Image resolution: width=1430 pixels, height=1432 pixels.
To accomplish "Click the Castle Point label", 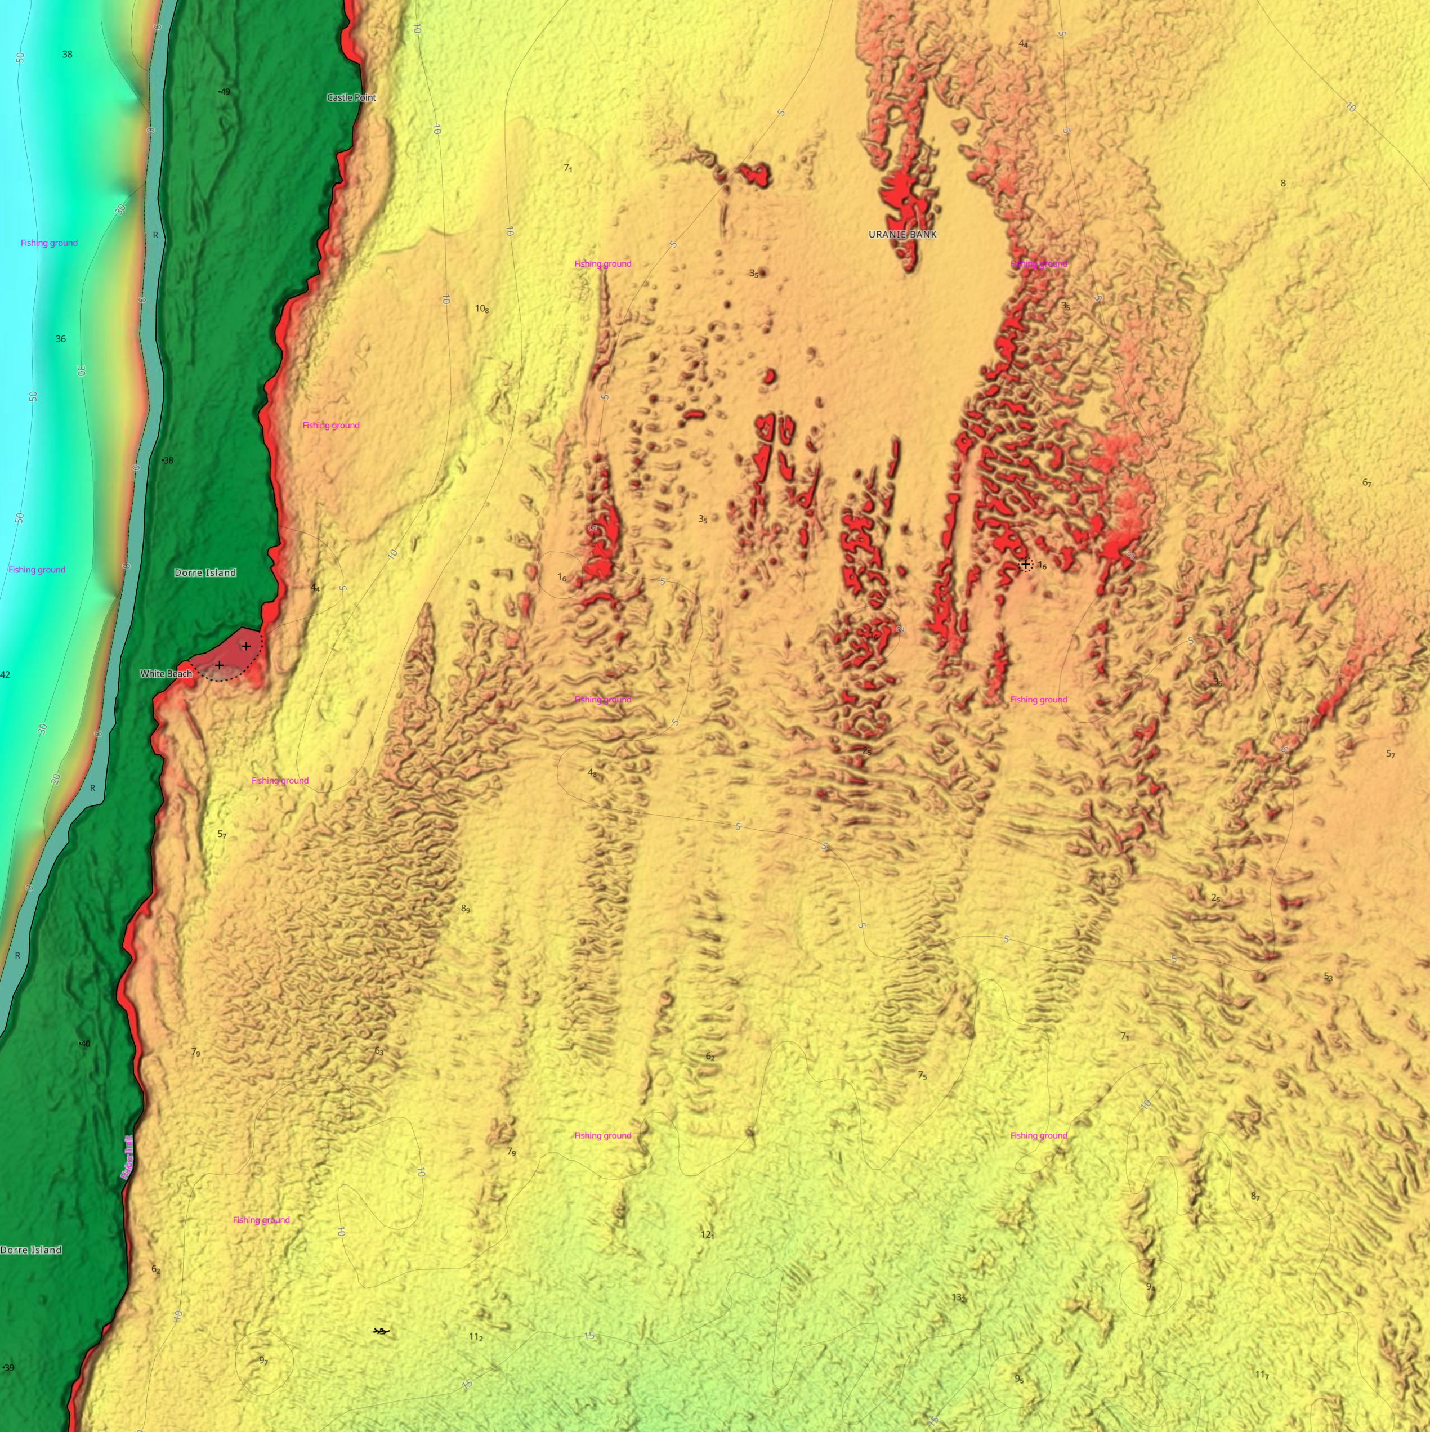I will pos(351,97).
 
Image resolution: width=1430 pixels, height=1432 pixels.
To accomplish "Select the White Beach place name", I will pos(166,674).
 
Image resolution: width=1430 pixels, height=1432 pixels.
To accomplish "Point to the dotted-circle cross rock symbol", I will pos(1025,565).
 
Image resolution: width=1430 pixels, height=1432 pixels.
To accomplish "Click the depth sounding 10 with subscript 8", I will pos(482,309).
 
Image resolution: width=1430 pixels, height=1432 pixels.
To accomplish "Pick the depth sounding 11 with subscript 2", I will pos(476,1337).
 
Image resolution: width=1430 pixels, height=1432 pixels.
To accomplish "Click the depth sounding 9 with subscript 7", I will pos(263,1360).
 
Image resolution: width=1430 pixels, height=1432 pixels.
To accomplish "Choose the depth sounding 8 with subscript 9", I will pos(466,909).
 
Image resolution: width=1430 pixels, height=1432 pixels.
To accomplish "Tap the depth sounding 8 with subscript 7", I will pos(1255,1196).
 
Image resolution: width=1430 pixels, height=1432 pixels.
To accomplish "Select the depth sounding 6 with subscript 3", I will pos(379,1051).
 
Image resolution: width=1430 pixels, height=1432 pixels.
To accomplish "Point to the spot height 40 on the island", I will pos(84,1044).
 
